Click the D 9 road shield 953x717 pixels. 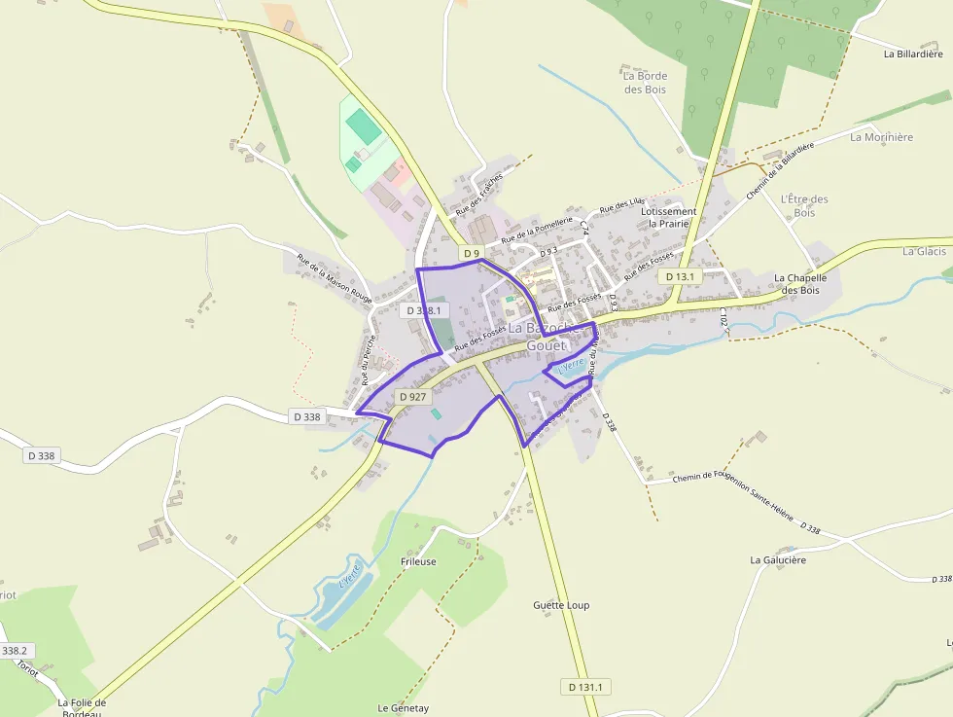click(x=472, y=254)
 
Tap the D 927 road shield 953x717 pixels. click(x=412, y=397)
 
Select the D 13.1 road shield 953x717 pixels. click(x=680, y=276)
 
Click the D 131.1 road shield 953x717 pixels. click(x=586, y=687)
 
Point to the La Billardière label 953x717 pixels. click(x=913, y=54)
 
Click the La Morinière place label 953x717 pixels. click(x=881, y=137)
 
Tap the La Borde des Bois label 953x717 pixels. click(x=645, y=83)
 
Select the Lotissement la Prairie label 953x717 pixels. click(x=668, y=217)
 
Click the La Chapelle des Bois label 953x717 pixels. click(x=799, y=283)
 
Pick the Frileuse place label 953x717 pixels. click(x=418, y=561)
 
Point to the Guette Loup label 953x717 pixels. click(x=561, y=605)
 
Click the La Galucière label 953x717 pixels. click(x=778, y=560)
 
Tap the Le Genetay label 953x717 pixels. click(x=403, y=708)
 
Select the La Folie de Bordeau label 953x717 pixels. click(x=82, y=707)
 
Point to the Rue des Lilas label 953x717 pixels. click(x=621, y=206)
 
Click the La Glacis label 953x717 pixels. click(x=924, y=251)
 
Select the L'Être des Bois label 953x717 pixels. click(x=804, y=205)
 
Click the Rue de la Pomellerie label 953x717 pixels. click(x=537, y=230)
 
